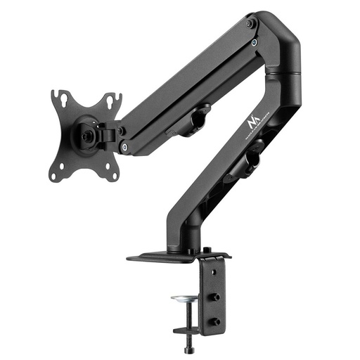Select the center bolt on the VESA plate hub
click(87, 131)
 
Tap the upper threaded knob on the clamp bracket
click(214, 297)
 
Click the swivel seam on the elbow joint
click(285, 72)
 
